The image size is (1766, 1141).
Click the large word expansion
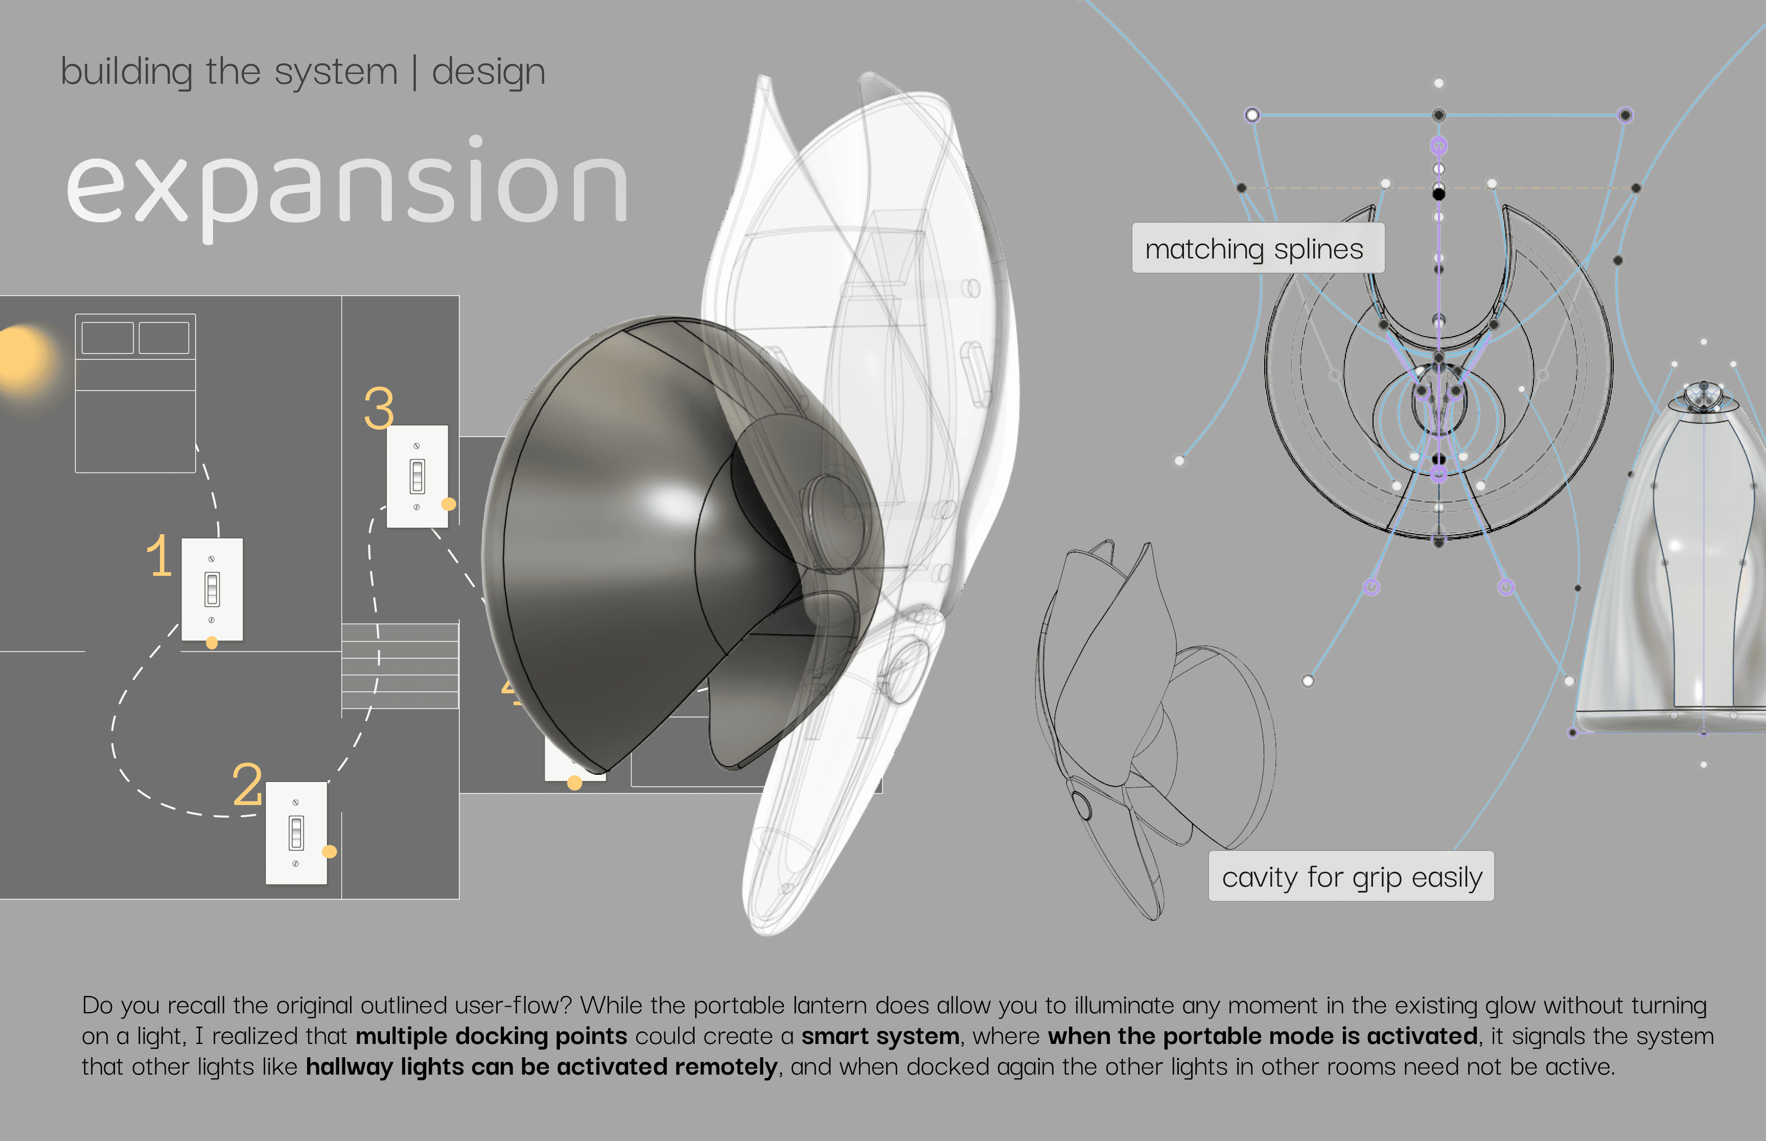[x=347, y=185]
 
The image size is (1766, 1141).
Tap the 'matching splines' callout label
[x=1257, y=249]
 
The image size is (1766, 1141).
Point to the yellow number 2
[x=247, y=786]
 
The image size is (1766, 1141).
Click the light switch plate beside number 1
[x=212, y=589]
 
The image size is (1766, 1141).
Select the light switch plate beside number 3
[x=417, y=476]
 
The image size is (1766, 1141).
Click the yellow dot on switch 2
[x=330, y=852]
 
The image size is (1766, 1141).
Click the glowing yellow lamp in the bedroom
[x=22, y=358]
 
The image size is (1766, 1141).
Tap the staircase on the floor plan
[x=400, y=665]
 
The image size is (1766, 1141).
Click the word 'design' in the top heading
[x=489, y=73]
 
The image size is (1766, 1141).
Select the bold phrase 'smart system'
[x=879, y=1036]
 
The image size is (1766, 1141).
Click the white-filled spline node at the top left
[x=1252, y=115]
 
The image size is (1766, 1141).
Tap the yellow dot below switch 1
[x=212, y=643]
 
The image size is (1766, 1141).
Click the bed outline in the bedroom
[x=135, y=393]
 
